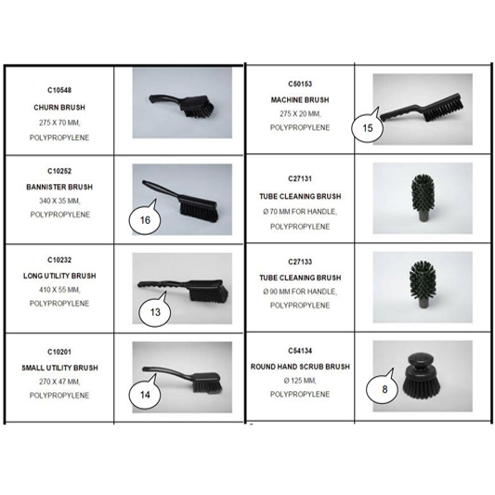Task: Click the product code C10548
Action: pos(59,90)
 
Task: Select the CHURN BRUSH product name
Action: pos(59,108)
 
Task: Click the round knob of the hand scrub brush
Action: pos(422,361)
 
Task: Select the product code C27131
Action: pos(300,179)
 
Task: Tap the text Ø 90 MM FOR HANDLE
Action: pos(300,292)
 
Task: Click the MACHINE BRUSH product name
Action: pos(300,100)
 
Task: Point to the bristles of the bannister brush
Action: pos(199,211)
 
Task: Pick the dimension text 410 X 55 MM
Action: pos(59,290)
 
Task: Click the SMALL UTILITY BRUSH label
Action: pos(59,368)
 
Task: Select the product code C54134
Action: pos(300,351)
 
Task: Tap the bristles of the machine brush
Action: pos(444,111)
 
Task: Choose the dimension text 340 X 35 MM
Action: pos(59,201)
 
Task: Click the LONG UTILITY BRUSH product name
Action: pos(59,276)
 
